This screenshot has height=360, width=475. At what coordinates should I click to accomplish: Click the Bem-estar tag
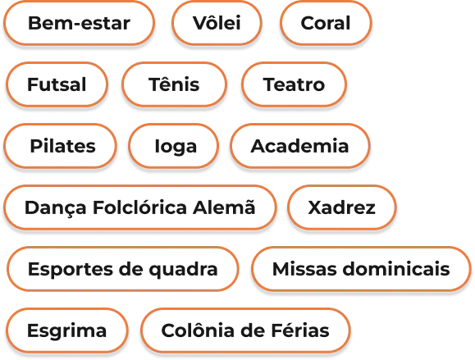(x=79, y=23)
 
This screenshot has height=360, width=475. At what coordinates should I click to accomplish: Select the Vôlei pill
(x=217, y=23)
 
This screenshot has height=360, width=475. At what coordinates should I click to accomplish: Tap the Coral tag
(x=326, y=23)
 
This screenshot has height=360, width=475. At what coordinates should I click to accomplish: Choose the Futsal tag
(x=57, y=84)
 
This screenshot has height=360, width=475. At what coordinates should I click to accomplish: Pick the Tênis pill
(x=174, y=84)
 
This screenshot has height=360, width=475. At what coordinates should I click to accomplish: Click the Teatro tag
(x=294, y=84)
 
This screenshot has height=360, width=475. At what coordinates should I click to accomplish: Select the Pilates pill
(x=60, y=146)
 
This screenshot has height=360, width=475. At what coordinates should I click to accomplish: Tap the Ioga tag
(x=174, y=146)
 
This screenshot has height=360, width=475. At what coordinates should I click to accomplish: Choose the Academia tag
(x=300, y=146)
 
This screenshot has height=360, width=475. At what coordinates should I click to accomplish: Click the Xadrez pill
(x=342, y=207)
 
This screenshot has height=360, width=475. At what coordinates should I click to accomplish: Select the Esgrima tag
(x=66, y=330)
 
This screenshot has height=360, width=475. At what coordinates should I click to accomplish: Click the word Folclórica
(x=139, y=207)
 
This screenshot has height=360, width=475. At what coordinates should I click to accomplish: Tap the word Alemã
(x=224, y=207)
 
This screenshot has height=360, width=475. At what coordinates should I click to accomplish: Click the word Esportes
(x=70, y=270)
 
